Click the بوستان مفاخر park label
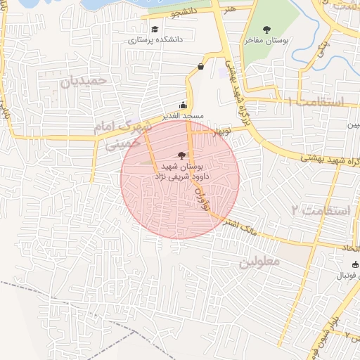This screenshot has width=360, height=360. pos(266,41)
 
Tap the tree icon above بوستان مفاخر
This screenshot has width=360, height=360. pos(266,29)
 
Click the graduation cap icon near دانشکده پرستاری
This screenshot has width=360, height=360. pos(155,30)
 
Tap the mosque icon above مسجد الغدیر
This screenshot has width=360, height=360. pos(184,105)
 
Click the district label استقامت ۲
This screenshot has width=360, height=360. pos(320,210)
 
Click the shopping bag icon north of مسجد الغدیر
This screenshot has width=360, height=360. pos(202,67)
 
